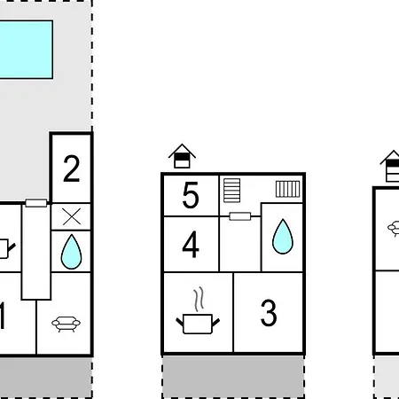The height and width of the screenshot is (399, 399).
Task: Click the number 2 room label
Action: pyautogui.click(x=72, y=168)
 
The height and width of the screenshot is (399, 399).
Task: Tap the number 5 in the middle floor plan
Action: pyautogui.click(x=191, y=195)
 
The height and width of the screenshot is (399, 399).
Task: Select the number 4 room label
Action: pyautogui.click(x=191, y=245)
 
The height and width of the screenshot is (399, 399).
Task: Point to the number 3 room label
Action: pyautogui.click(x=269, y=313)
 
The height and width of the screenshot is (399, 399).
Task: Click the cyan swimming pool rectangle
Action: pyautogui.click(x=26, y=50)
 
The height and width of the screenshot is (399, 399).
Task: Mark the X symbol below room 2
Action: pyautogui.click(x=72, y=216)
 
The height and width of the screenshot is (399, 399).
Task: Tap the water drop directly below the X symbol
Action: pyautogui.click(x=71, y=252)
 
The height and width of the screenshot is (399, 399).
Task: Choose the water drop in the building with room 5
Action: pyautogui.click(x=283, y=237)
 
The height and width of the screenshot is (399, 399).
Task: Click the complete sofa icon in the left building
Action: pyautogui.click(x=66, y=324)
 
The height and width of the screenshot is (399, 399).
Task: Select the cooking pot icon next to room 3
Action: pyautogui.click(x=198, y=324)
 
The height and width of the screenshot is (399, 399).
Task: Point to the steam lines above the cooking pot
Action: pyautogui.click(x=199, y=299)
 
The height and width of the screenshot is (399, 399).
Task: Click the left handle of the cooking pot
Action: pyautogui.click(x=180, y=322)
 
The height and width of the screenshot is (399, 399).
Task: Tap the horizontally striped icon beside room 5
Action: pyautogui.click(x=232, y=191)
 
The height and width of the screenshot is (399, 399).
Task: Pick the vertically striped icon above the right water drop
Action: pyautogui.click(x=288, y=189)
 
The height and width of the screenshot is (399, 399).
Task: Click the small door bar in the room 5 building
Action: pyautogui.click(x=240, y=216)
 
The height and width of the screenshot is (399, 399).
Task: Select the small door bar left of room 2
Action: pyautogui.click(x=36, y=203)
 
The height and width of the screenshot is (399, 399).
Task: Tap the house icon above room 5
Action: pyautogui.click(x=182, y=156)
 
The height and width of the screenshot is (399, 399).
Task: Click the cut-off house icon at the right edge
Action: pyautogui.click(x=390, y=166)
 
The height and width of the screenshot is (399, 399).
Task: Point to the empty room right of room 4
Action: pyautogui.click(x=240, y=244)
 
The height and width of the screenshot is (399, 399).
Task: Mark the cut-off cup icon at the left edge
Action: pyautogui.click(x=6, y=249)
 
